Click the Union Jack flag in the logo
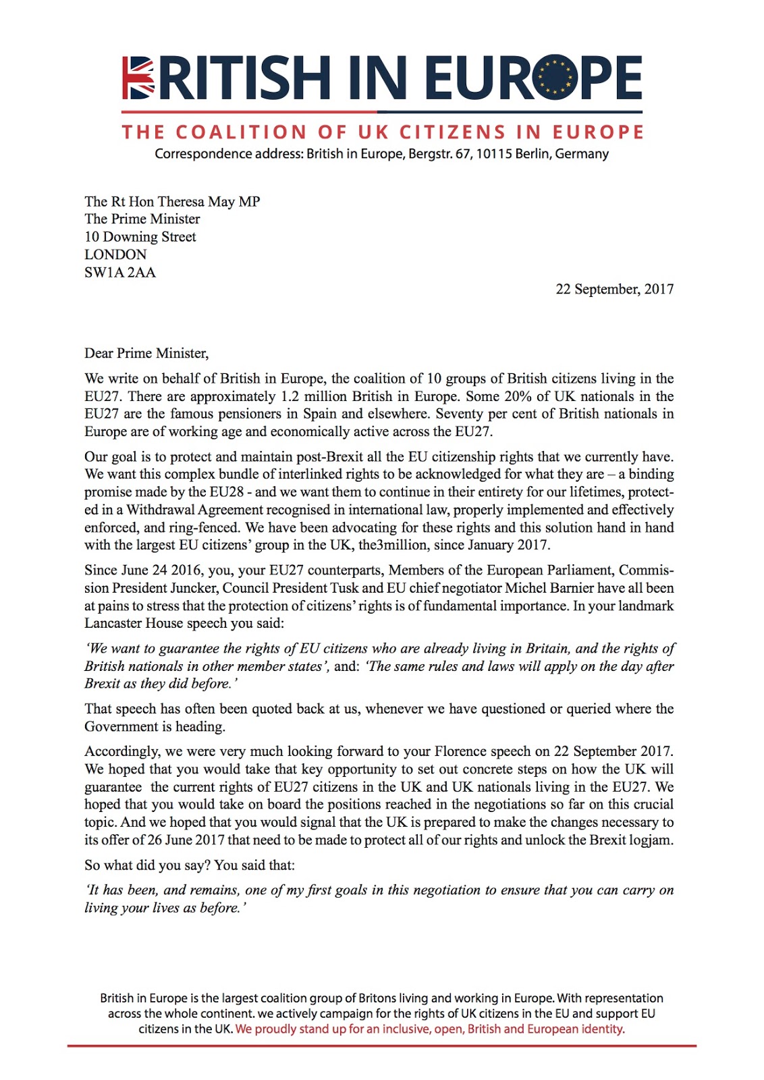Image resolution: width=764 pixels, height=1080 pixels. (138, 78)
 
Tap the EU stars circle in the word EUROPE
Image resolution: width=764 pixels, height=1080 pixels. (554, 77)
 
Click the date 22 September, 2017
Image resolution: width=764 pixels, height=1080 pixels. (614, 290)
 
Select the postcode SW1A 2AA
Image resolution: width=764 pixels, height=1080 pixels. (120, 273)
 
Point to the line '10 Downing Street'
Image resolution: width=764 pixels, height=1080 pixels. (140, 237)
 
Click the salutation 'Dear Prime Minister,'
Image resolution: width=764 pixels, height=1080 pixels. (146, 354)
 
